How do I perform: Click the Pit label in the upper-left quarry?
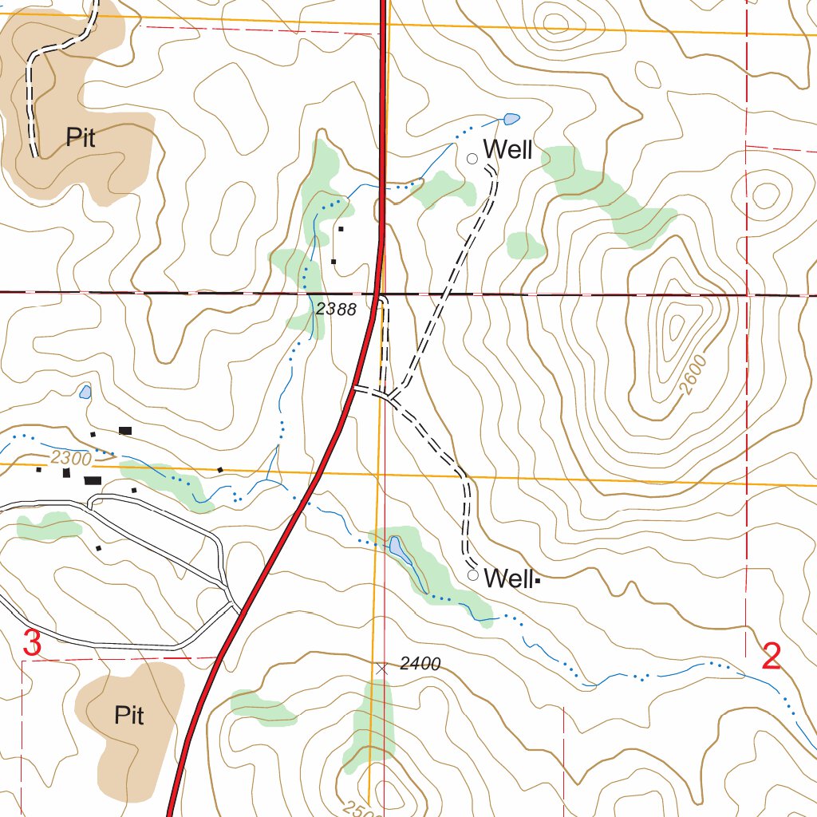click(81, 139)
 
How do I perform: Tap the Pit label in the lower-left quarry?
click(128, 715)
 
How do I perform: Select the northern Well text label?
click(507, 150)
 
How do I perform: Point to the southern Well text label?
click(508, 578)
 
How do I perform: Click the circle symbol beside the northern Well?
click(472, 159)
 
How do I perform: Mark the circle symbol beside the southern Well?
click(473, 575)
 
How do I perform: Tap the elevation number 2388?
click(336, 310)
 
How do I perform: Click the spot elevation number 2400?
click(420, 664)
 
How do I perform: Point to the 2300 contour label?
click(71, 458)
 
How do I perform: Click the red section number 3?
click(32, 643)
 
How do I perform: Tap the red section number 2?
click(771, 657)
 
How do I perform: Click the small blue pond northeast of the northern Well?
click(511, 120)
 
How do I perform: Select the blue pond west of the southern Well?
click(397, 548)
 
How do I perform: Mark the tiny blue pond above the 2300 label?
click(85, 392)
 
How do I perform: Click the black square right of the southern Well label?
click(538, 581)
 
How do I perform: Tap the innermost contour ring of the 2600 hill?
click(677, 326)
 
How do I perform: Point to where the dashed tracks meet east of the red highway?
click(389, 395)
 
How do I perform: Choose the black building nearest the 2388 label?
click(334, 261)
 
